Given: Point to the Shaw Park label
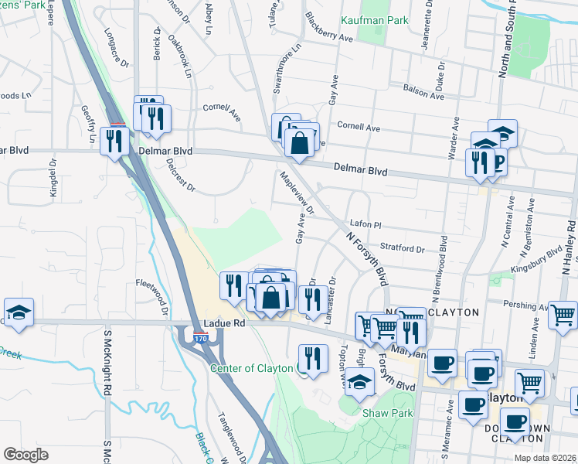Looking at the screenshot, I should point(383,412).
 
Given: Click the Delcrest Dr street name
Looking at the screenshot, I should point(181,176).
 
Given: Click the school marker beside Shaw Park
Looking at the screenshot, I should point(358,381).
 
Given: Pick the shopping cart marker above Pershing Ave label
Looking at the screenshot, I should point(564,313).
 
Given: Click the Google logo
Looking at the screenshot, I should point(25,454).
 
